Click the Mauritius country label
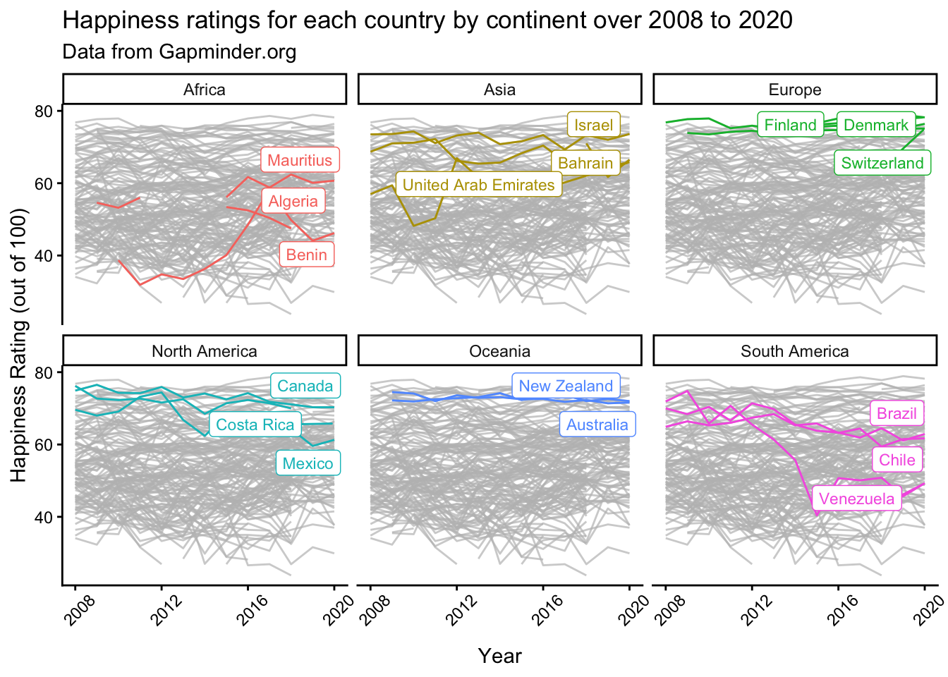(x=300, y=160)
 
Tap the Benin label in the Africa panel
(x=306, y=255)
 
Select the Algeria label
(x=293, y=201)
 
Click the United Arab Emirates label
(x=479, y=185)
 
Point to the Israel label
(x=593, y=125)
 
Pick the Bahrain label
(x=585, y=163)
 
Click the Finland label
(x=790, y=125)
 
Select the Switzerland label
(x=882, y=163)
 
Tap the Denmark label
(x=875, y=125)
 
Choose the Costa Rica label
(x=255, y=425)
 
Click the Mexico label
(x=308, y=463)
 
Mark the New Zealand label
(x=566, y=386)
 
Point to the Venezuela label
(x=856, y=499)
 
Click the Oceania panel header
(x=500, y=350)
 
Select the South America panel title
(x=795, y=350)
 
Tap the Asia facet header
(x=500, y=90)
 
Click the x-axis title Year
(x=500, y=656)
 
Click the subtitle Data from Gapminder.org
(x=179, y=52)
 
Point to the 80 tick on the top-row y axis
(x=43, y=111)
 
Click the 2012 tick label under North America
(x=166, y=611)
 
